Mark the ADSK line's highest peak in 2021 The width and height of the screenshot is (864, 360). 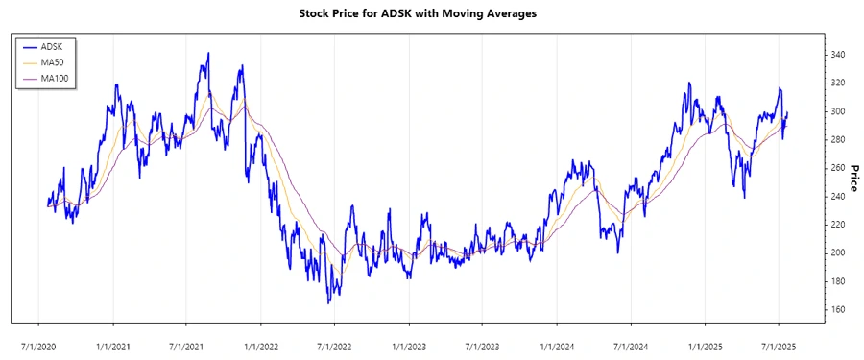pyautogui.click(x=207, y=54)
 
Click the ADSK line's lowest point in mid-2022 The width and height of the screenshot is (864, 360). pyautogui.click(x=328, y=303)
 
